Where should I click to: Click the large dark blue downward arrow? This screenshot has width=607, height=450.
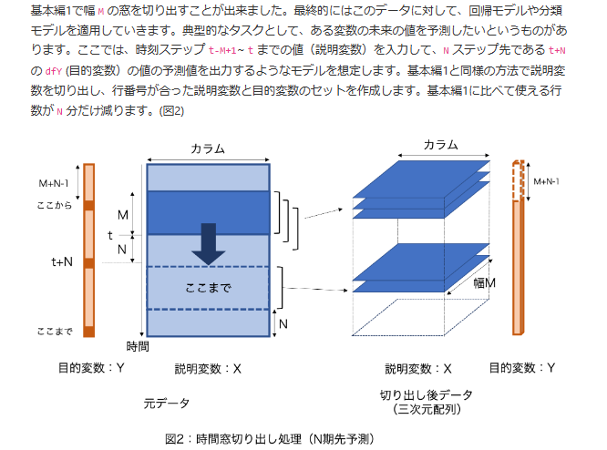click(x=208, y=242)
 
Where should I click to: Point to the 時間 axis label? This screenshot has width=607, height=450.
click(x=139, y=346)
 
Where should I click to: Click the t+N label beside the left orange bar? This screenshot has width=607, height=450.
click(x=62, y=262)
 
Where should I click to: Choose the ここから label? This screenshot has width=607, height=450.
click(x=55, y=207)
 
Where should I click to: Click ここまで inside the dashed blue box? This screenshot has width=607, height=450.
click(x=208, y=287)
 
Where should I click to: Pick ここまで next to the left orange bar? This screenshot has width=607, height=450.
click(x=55, y=331)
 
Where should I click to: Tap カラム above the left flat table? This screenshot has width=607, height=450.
click(x=208, y=149)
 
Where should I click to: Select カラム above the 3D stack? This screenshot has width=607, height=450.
click(x=440, y=146)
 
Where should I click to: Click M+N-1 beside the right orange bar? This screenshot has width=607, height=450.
click(x=546, y=181)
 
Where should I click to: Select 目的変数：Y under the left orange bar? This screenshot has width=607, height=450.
click(x=91, y=368)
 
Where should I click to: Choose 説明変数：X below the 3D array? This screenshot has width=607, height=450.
click(x=418, y=369)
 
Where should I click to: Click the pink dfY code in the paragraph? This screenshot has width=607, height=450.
click(x=53, y=70)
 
